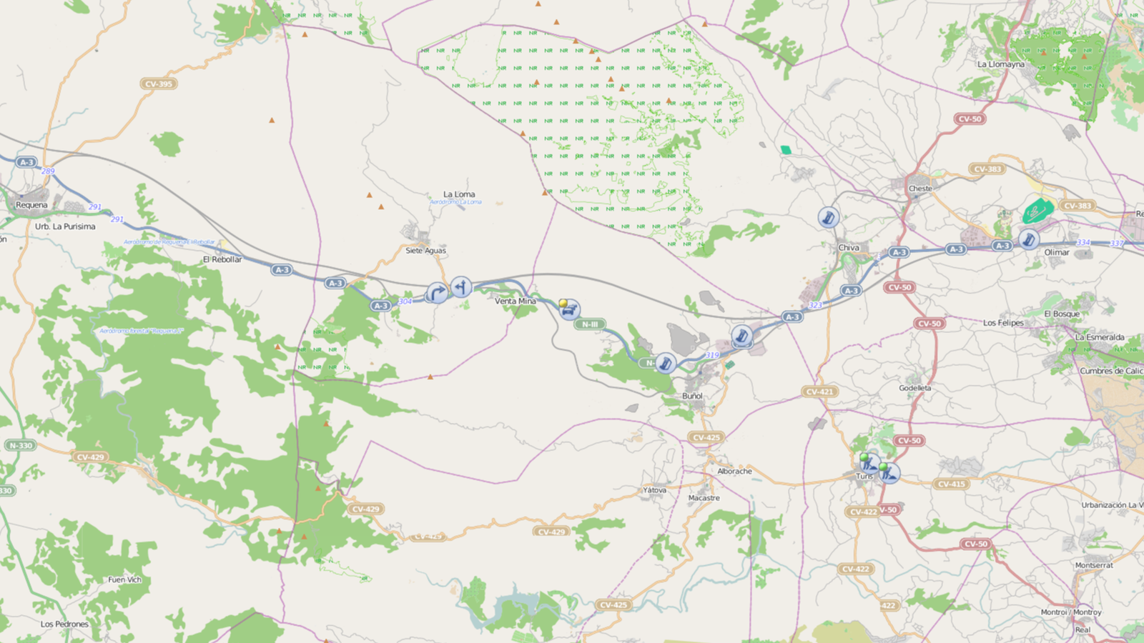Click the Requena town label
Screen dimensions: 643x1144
pos(31,205)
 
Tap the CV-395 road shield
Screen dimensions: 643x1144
pos(159,84)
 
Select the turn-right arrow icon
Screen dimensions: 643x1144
pos(437,292)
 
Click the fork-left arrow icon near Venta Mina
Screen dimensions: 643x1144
pos(461,286)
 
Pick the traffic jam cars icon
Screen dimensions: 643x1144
pos(569,310)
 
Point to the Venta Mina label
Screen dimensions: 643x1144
pos(516,301)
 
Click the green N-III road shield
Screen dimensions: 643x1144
pos(590,324)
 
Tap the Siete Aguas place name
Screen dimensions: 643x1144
pos(425,251)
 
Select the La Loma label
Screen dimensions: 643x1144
pos(459,194)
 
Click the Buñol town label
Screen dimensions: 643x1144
pos(692,396)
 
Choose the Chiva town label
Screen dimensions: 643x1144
pos(849,248)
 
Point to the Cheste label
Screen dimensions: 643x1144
pos(920,189)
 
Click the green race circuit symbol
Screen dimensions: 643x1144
pos(1037,211)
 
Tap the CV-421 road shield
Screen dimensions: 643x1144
pos(819,392)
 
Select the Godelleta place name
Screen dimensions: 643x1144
pos(915,388)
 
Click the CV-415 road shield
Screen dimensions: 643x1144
pos(952,484)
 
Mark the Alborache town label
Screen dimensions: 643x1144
pos(734,472)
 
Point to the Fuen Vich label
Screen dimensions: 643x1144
pos(124,580)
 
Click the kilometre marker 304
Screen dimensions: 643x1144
pos(405,301)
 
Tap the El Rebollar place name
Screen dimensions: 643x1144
pos(222,259)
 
